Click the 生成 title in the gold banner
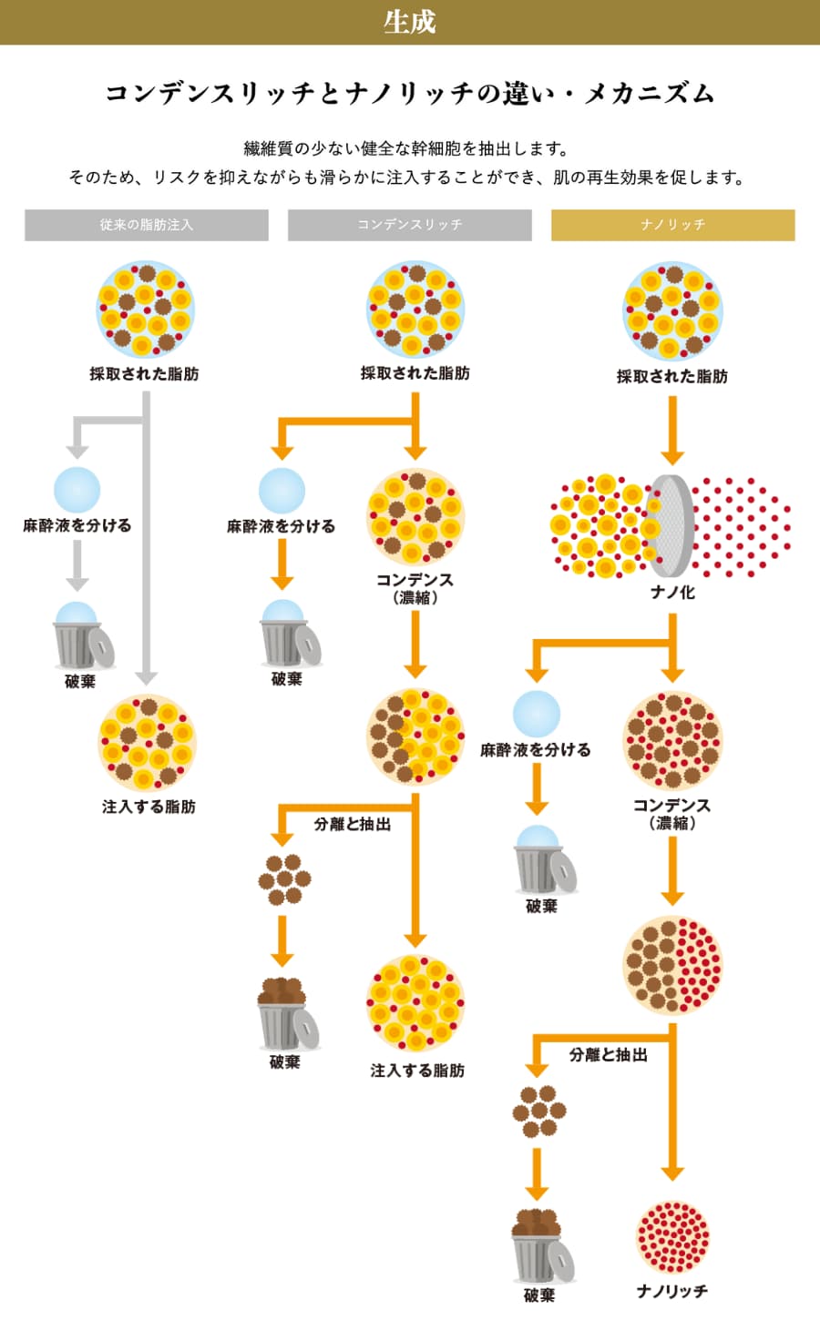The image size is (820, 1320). [x=410, y=22]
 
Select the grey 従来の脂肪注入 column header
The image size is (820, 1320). [x=147, y=225]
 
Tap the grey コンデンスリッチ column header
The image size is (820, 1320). [x=410, y=225]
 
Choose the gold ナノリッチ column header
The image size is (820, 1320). [x=673, y=225]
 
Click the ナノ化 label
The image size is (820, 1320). [x=672, y=592]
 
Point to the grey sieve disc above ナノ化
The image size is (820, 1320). [x=671, y=525]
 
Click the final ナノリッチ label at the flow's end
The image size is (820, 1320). [x=672, y=1292]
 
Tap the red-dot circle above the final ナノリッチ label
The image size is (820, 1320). [x=672, y=1236]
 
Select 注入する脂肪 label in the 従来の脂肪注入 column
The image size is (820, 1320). [x=149, y=807]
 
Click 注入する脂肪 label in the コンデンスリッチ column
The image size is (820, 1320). [x=417, y=1071]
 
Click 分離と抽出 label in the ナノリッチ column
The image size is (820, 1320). [x=608, y=1054]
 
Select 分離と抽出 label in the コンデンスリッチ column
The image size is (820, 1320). [x=353, y=824]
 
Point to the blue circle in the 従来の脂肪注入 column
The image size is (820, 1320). [x=77, y=490]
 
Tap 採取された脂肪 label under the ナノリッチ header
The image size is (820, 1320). [x=672, y=376]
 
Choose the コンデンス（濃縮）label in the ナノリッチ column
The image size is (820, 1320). [x=672, y=813]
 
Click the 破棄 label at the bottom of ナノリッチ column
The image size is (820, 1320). [x=539, y=1295]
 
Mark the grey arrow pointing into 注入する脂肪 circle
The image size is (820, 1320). [x=147, y=674]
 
